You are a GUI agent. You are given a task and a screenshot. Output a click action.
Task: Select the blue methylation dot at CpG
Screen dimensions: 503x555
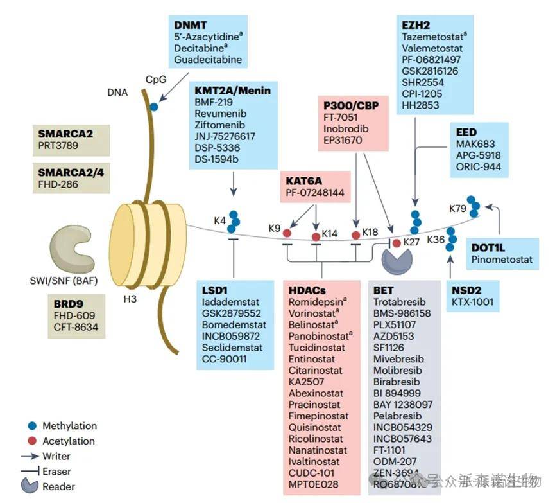154,107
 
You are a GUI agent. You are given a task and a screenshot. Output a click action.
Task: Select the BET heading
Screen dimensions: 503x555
384,290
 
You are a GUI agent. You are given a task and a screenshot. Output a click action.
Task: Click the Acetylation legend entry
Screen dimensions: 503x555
69,441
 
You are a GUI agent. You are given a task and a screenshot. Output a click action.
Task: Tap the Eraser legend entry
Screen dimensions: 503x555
56,472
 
